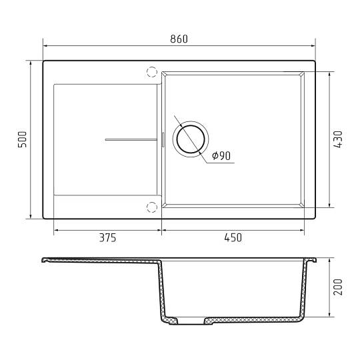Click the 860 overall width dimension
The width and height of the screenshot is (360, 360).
(x=179, y=39)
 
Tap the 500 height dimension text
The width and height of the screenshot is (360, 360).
(x=22, y=139)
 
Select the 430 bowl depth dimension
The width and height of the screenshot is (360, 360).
(x=338, y=139)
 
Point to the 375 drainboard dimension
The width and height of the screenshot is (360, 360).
(x=108, y=237)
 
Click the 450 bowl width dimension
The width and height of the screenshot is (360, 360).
(x=233, y=237)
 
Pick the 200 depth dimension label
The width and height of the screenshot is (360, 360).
(x=338, y=287)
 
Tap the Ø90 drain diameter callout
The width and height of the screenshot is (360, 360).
(x=221, y=156)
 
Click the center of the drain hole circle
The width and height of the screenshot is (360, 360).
(x=191, y=139)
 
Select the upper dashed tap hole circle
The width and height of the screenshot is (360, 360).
(x=152, y=72)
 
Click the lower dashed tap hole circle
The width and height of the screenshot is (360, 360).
(x=152, y=207)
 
